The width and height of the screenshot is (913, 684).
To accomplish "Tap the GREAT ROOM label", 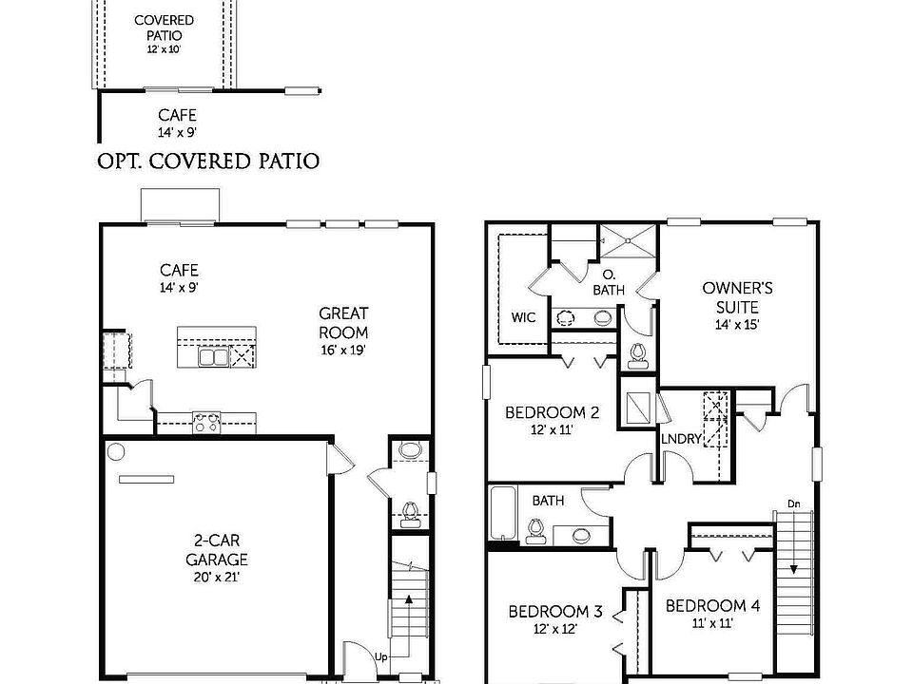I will point(343,322).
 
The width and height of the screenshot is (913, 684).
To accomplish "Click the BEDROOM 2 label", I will point(552,412).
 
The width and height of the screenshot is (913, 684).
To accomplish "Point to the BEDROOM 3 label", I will point(554,611).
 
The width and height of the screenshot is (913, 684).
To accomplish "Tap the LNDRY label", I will point(681,438).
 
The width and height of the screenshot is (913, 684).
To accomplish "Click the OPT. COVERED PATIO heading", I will point(208,160).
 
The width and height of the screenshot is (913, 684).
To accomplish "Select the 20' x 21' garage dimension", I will point(217,576).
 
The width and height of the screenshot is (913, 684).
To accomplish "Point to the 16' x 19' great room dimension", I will point(343,350).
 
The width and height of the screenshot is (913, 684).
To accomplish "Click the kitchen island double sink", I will point(212,356).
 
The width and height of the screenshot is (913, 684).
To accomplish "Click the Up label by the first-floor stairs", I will point(380,656).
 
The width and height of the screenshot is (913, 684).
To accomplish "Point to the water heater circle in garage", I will point(116,451).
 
